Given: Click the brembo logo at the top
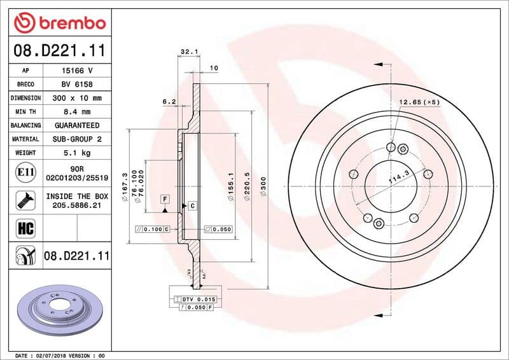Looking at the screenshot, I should [59, 23].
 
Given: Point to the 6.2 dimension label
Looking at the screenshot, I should [169, 101].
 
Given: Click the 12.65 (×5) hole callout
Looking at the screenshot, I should [419, 102].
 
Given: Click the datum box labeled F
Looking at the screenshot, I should [165, 199].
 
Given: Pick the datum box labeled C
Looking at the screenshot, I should [191, 205].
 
